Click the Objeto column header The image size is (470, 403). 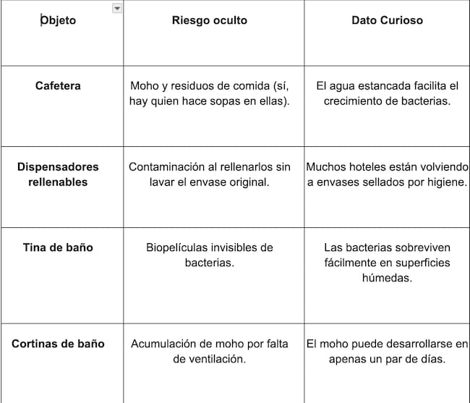[58, 20]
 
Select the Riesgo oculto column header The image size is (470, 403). [209, 20]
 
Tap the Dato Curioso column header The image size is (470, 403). [387, 20]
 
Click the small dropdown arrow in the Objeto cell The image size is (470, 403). [117, 8]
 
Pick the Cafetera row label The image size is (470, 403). [58, 85]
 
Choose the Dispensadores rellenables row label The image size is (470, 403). [58, 174]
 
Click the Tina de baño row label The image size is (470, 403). [58, 247]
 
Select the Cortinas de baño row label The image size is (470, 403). [58, 344]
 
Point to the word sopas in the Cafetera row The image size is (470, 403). [226, 101]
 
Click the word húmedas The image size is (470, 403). [387, 278]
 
